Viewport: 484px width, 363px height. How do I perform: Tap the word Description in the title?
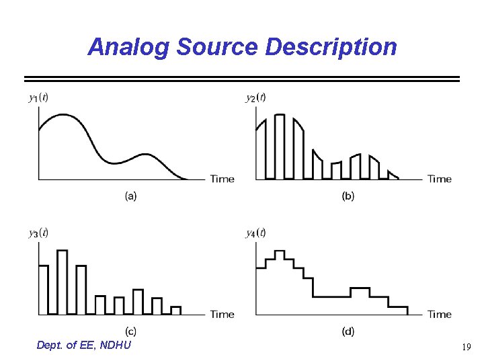331,47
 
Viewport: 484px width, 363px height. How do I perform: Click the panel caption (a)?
131,196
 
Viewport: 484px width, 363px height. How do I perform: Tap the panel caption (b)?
348,196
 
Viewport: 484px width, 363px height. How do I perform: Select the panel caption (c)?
131,331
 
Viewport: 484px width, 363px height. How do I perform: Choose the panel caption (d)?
348,331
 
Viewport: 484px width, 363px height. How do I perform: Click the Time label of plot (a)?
223,179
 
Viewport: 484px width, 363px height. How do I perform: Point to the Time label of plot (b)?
440,179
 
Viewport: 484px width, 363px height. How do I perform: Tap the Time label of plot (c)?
223,314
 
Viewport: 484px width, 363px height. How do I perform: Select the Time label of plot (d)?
440,314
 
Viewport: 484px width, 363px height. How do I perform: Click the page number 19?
466,348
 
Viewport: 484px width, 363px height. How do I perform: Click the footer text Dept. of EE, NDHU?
85,345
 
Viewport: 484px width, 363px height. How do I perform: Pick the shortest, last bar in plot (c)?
176,311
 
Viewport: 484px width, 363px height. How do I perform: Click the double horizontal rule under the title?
242,79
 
